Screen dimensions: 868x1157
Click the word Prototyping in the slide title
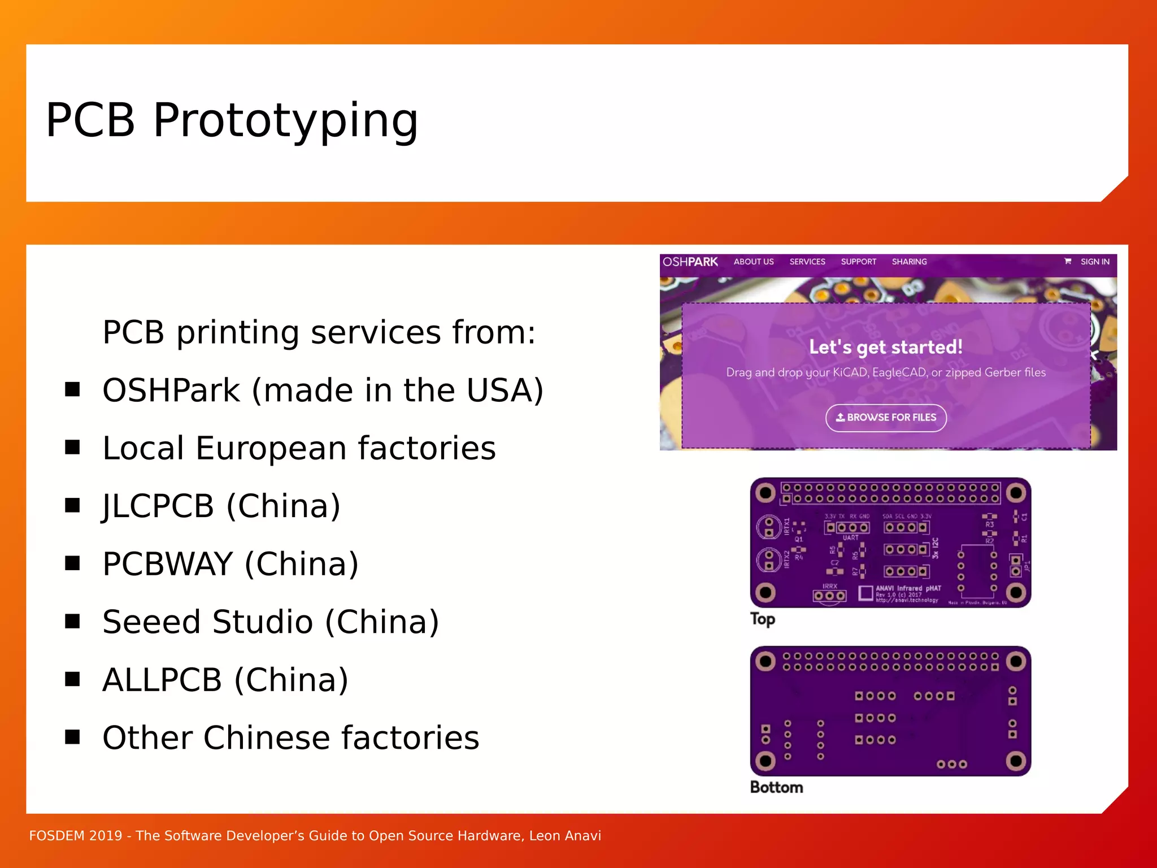pyautogui.click(x=285, y=120)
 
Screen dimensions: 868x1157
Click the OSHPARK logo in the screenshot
pyautogui.click(x=690, y=262)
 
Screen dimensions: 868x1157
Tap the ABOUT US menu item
pyautogui.click(x=753, y=262)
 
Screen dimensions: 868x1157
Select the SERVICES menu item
pyautogui.click(x=807, y=262)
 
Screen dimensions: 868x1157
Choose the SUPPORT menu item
pyautogui.click(x=858, y=262)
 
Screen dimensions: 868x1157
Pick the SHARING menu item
pyautogui.click(x=909, y=262)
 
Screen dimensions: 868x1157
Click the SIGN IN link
pyautogui.click(x=1094, y=262)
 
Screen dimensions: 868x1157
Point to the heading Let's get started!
pyautogui.click(x=885, y=347)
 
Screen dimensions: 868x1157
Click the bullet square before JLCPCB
pyautogui.click(x=72, y=505)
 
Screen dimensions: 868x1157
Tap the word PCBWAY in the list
pyautogui.click(x=168, y=564)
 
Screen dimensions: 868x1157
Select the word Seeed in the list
pyautogui.click(x=151, y=622)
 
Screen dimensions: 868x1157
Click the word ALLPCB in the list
pyautogui.click(x=162, y=680)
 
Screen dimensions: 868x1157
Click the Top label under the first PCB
pyautogui.click(x=762, y=619)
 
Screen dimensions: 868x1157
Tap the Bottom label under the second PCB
pyautogui.click(x=776, y=787)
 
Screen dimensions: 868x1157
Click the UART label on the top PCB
pyautogui.click(x=850, y=538)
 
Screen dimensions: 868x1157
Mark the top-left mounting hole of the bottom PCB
pyautogui.click(x=765, y=661)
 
